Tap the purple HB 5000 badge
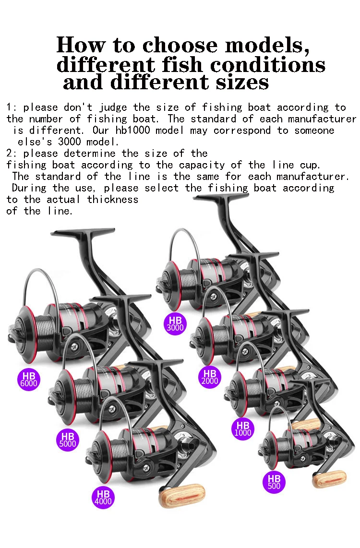click(x=68, y=440)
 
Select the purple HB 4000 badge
click(x=103, y=498)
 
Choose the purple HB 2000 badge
click(x=210, y=377)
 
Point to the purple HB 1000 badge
click(x=243, y=429)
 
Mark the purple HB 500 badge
click(x=274, y=482)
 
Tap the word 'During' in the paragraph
click(x=29, y=188)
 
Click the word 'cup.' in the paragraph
click(x=308, y=165)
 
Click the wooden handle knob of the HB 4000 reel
click(x=181, y=495)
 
